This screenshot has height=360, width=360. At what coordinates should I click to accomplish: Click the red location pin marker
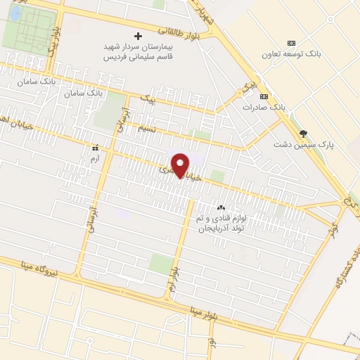(x=181, y=165)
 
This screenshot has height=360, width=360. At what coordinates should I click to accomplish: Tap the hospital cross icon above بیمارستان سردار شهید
(x=138, y=35)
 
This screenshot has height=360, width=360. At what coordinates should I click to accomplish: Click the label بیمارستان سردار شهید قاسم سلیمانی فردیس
(x=137, y=51)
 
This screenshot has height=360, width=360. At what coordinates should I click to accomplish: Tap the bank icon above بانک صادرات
(x=264, y=96)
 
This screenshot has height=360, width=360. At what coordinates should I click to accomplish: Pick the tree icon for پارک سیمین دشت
(x=304, y=133)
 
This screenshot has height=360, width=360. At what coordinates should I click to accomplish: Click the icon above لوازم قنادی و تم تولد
(x=221, y=207)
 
